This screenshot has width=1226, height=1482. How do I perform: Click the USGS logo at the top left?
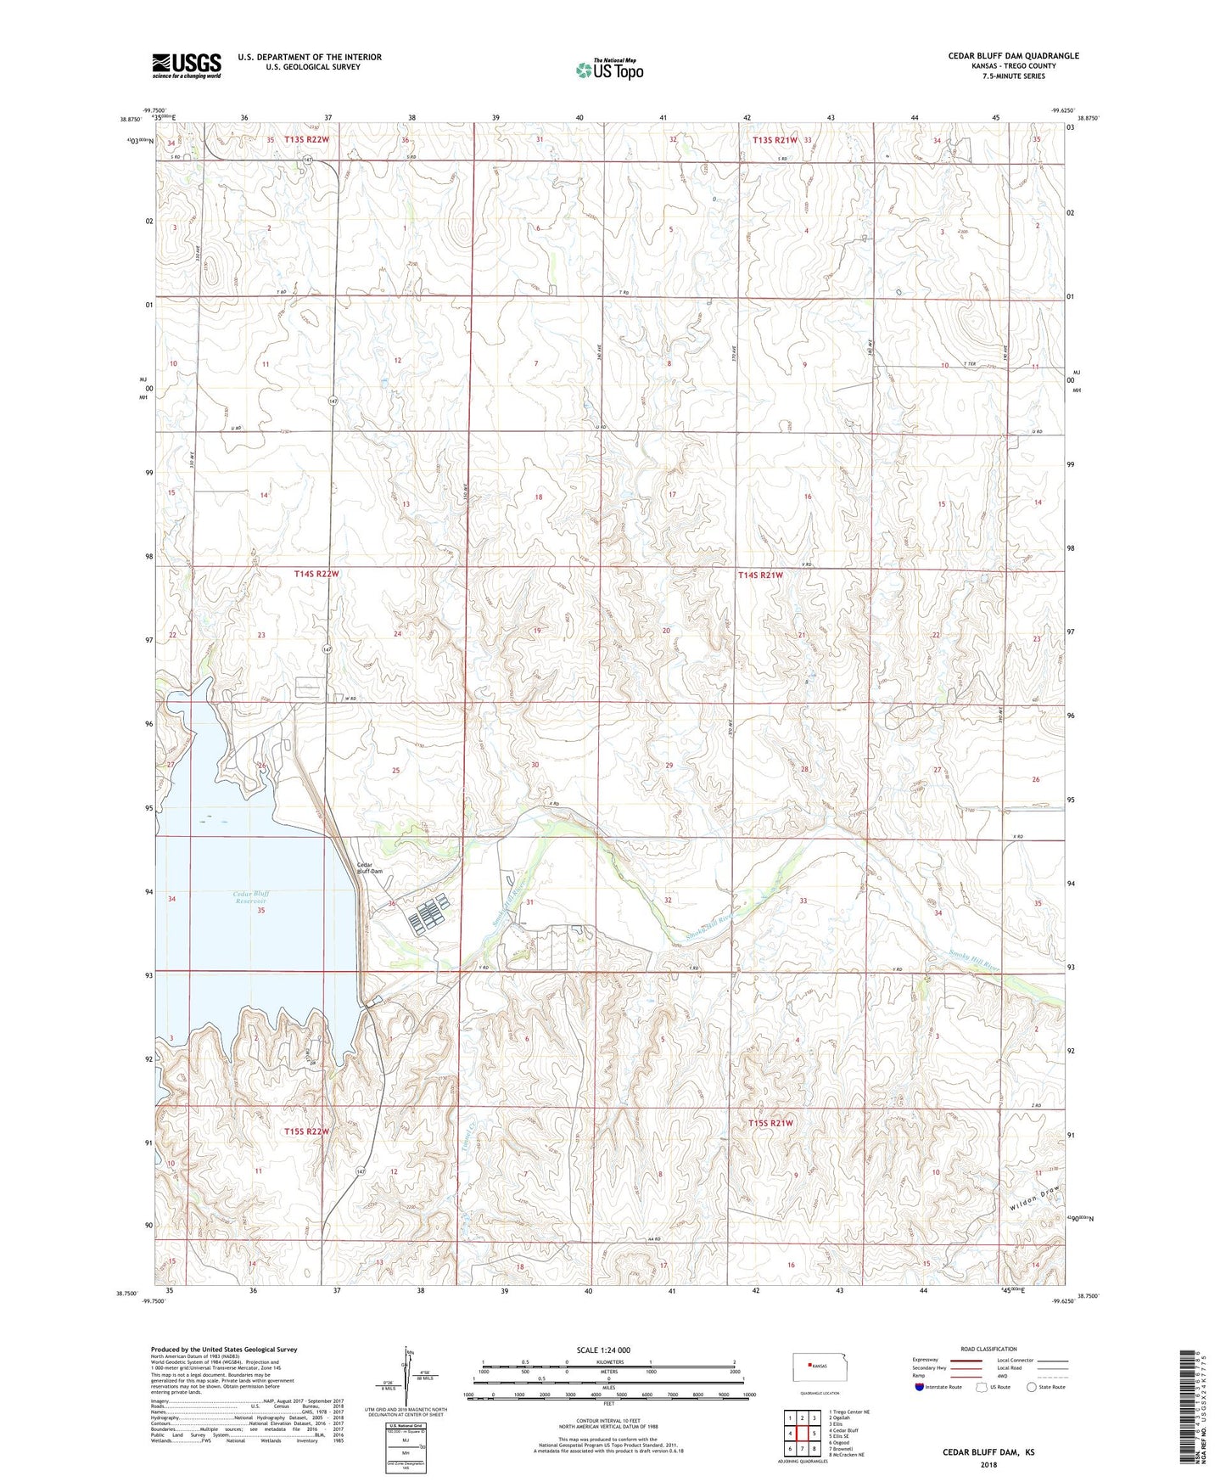click(187, 65)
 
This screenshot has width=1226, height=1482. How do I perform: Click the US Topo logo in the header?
click(609, 70)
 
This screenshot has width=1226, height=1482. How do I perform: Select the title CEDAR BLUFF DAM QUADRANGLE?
click(1013, 56)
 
